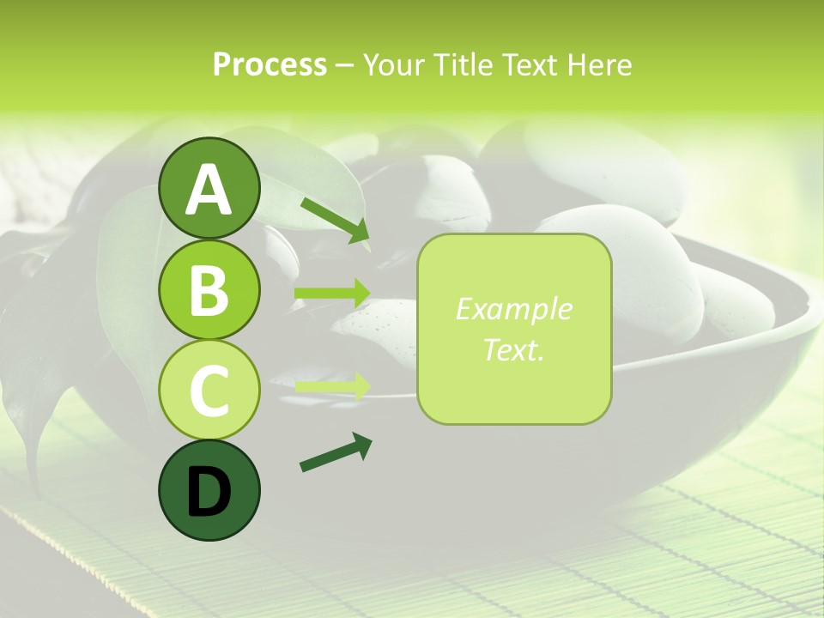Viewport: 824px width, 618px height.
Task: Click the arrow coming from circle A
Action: (x=335, y=220)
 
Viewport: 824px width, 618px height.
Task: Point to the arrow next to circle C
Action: (x=331, y=386)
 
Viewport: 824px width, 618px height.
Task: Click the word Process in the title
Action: (x=270, y=65)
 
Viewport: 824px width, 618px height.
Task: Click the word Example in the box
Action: (x=513, y=309)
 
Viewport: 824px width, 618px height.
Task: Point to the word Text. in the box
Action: (x=513, y=349)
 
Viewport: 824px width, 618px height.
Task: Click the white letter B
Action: (x=209, y=291)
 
